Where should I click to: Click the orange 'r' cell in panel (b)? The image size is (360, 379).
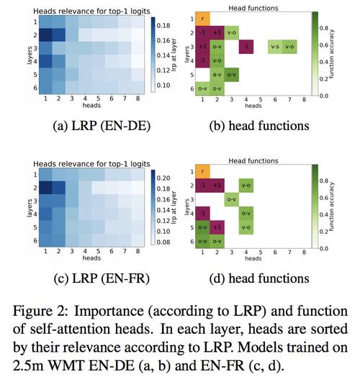[x=202, y=19]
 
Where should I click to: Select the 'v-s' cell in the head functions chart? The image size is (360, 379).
[x=275, y=47]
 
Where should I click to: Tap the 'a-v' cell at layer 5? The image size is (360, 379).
[x=217, y=75]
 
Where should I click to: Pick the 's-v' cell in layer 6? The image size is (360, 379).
[x=217, y=88]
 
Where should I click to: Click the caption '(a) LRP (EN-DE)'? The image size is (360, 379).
[x=102, y=126]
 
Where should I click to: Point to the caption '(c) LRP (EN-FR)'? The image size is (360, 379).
[x=102, y=278]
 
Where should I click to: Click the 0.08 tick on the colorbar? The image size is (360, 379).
[x=163, y=242]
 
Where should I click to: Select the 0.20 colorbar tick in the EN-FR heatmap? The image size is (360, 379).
[x=163, y=178]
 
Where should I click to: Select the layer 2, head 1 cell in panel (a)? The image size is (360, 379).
[x=46, y=35]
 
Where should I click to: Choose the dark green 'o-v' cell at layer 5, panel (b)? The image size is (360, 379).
[x=232, y=75]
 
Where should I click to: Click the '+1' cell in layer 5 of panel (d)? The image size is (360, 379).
[x=217, y=227]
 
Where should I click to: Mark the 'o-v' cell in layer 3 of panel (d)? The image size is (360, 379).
[x=232, y=199]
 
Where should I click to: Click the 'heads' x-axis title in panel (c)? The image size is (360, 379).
[x=91, y=258]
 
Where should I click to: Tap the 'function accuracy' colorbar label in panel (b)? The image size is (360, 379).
[x=331, y=54]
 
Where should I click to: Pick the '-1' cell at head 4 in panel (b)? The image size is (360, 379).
[x=246, y=47]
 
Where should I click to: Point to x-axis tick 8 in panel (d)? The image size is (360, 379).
[x=304, y=252]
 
